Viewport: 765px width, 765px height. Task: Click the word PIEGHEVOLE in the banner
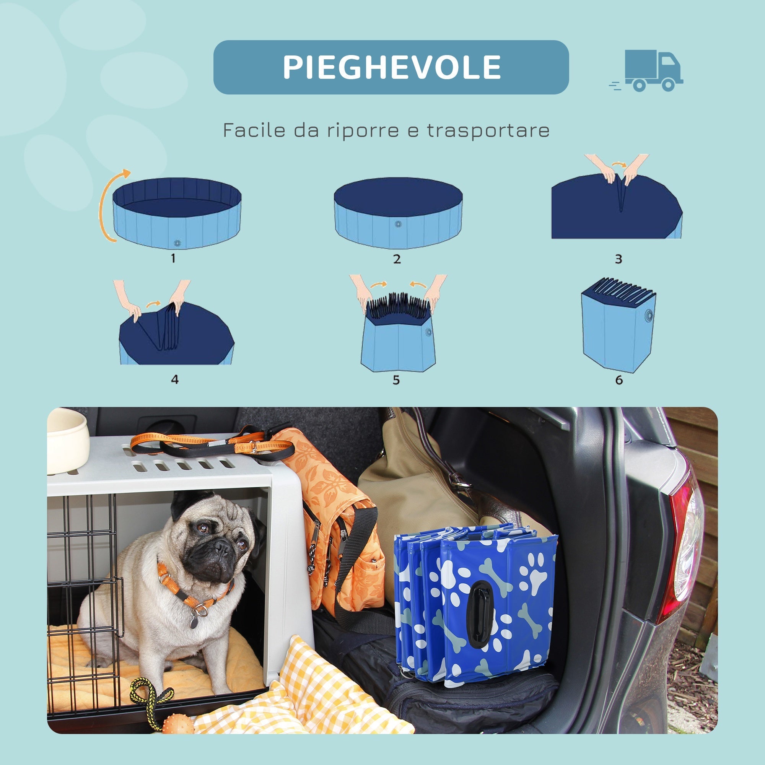[391, 67]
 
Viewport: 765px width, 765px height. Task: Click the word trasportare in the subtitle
[488, 130]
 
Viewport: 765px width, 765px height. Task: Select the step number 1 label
[173, 259]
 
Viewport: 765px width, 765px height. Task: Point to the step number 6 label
[619, 380]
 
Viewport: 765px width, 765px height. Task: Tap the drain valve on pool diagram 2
[398, 224]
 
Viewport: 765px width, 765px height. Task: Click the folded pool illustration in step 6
[618, 325]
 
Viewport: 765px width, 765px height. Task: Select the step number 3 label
[619, 259]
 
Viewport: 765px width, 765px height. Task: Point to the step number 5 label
[396, 380]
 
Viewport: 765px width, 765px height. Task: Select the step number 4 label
[175, 379]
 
